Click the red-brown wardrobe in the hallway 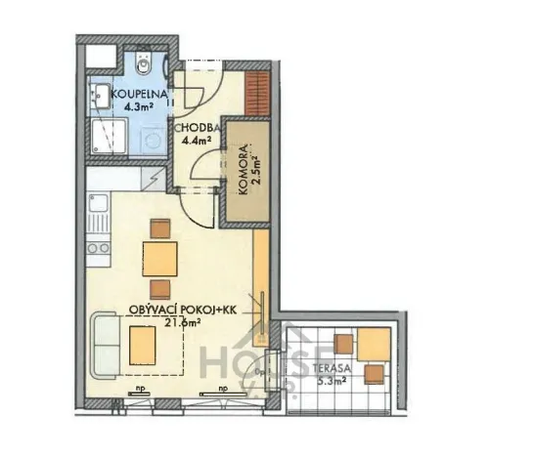257,92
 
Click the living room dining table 160,259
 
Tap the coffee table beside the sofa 143,344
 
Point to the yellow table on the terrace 373,344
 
